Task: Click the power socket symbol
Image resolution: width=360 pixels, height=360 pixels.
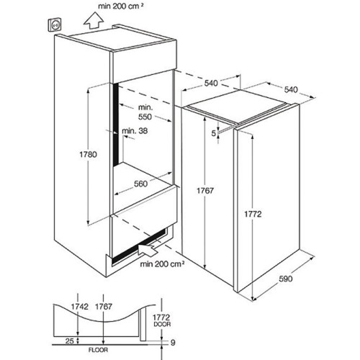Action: (56, 25)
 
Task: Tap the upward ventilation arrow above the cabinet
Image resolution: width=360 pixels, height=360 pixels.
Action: (94, 22)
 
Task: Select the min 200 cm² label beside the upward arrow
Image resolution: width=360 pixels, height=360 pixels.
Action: (121, 6)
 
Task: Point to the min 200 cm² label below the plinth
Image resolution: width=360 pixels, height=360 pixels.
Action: (162, 264)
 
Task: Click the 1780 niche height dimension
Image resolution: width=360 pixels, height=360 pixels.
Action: (89, 154)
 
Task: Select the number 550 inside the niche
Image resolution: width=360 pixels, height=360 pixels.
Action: (145, 117)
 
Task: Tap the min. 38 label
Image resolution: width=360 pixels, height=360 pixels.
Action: (135, 131)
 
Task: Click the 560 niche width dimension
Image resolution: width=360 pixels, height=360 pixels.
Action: (140, 184)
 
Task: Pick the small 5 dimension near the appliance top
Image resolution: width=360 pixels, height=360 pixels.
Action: (214, 133)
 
